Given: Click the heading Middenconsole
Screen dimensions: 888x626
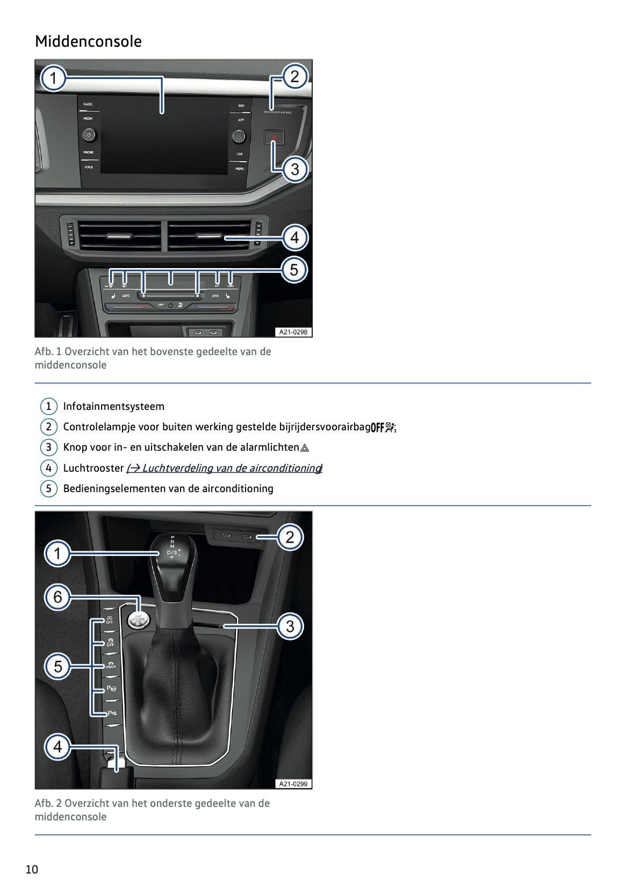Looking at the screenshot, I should coord(88,41).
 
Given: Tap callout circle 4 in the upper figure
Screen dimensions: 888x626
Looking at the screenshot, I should coord(294,237).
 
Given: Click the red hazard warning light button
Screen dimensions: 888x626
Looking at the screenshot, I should coord(274,138).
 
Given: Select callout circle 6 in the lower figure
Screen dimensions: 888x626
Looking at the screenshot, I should coord(57,597).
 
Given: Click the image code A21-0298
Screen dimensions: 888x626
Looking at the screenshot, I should coord(293,332).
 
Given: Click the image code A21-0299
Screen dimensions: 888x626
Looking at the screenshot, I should coord(293,784).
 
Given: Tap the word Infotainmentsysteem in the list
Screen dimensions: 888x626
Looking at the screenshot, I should coord(113,407).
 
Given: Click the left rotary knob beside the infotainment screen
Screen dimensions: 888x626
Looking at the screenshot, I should coord(89,135).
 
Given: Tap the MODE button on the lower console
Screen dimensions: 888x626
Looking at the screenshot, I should coord(110,665).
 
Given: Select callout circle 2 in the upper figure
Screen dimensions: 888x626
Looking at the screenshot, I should coord(294,76).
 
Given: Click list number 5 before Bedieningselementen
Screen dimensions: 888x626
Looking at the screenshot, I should coord(48,488).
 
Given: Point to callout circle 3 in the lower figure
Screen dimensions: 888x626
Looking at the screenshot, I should coord(290,626).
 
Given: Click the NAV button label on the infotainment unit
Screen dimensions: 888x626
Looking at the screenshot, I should coord(241,105).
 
